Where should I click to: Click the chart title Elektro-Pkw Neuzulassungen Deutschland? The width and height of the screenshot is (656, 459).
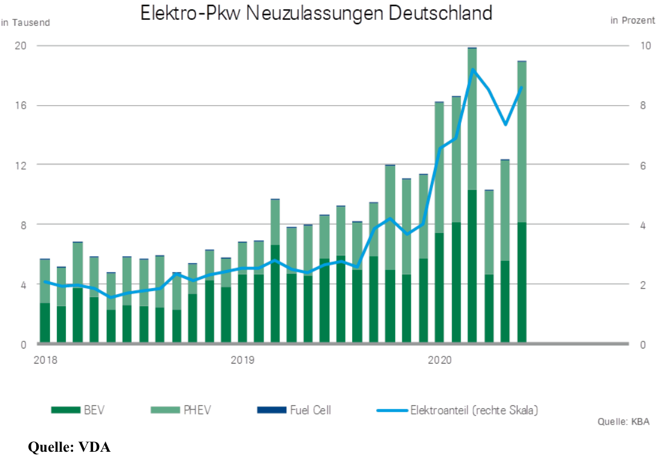316,13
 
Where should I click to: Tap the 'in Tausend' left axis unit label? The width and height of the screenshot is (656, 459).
25,22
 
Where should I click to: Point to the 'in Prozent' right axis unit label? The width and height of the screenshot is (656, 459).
632,21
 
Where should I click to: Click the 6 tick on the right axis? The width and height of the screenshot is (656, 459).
643,164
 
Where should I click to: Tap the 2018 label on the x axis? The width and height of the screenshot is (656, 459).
45,360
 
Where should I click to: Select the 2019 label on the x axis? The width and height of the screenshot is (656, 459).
242,360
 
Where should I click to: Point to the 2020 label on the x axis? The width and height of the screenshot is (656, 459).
439,360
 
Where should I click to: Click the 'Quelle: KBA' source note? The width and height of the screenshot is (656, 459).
623,422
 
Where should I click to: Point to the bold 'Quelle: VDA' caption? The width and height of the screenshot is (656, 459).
69,448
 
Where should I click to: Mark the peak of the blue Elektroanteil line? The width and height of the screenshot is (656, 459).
472,70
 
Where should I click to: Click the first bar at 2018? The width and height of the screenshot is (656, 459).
45,301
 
